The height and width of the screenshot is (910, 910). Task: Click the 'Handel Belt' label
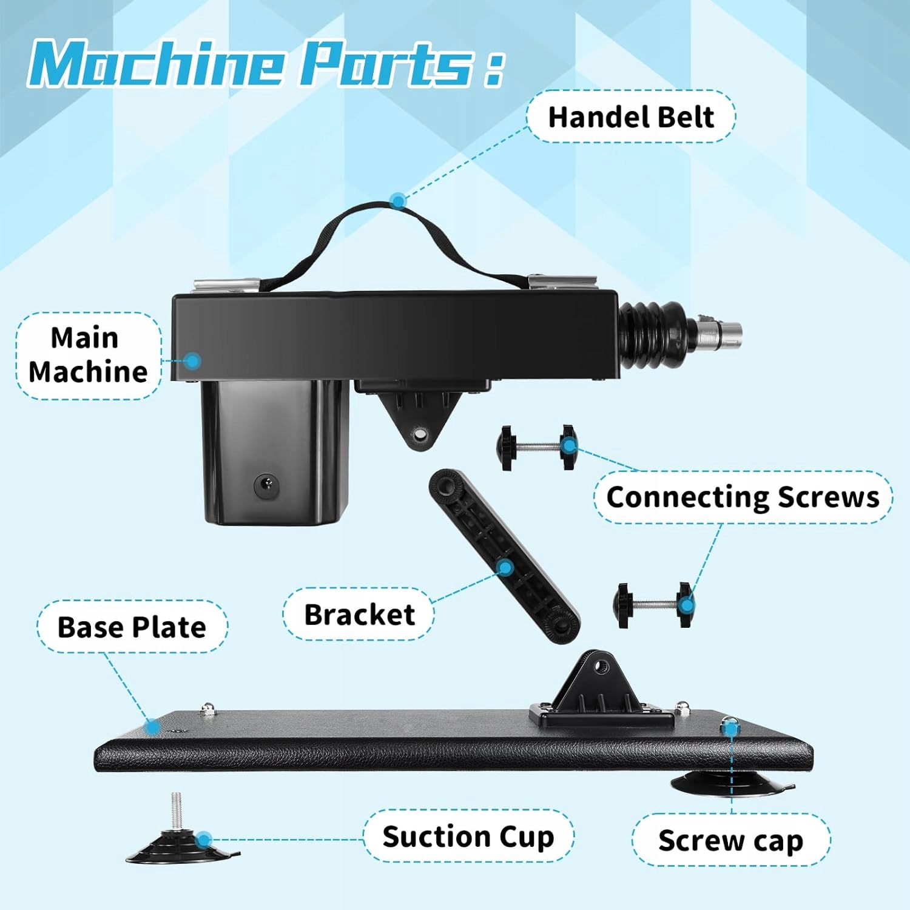[631, 116]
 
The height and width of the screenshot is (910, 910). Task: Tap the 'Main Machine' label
[88, 355]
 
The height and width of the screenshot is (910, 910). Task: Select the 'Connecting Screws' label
[743, 497]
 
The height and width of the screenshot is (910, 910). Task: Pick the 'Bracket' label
[359, 615]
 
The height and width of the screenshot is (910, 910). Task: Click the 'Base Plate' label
[132, 627]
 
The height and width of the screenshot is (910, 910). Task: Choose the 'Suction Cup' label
[468, 837]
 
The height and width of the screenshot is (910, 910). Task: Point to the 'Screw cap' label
[730, 840]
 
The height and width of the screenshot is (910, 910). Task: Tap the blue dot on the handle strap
[398, 201]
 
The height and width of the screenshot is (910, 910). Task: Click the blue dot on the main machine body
[192, 361]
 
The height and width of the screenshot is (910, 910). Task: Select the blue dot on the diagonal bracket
[505, 568]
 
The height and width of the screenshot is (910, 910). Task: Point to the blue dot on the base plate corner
[152, 726]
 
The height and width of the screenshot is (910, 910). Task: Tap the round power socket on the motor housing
[266, 485]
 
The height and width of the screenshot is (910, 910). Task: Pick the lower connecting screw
[653, 604]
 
